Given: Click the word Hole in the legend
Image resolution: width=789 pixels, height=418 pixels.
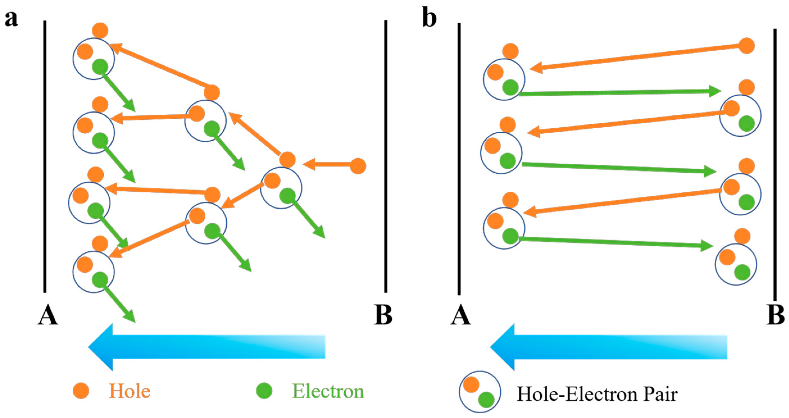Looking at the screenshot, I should click(130, 391).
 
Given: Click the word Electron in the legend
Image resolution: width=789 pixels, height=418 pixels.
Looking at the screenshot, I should click(328, 391).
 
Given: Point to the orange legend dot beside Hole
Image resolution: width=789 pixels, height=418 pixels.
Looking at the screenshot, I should click(81, 391).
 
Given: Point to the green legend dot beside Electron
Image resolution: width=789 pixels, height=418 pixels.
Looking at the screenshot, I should click(264, 391).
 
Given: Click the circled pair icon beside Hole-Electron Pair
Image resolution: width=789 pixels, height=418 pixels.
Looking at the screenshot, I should click(480, 392).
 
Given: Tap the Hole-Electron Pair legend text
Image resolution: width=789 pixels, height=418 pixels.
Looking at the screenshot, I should click(597, 394).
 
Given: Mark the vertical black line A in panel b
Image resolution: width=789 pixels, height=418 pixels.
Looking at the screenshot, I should click(459, 159).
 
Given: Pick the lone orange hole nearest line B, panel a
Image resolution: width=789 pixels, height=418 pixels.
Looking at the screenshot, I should click(358, 166).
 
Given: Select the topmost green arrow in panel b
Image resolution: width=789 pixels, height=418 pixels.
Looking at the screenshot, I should click(619, 92).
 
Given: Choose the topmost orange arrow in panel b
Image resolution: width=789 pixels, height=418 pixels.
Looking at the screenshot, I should click(637, 57).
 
